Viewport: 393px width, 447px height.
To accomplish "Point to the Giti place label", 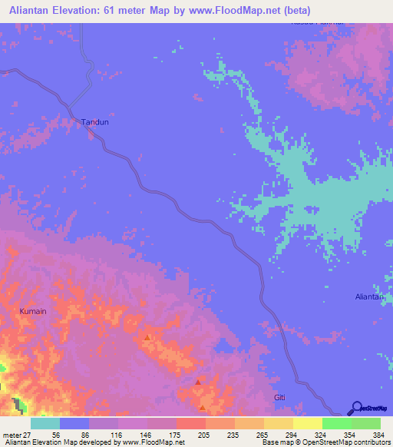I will point(280,397).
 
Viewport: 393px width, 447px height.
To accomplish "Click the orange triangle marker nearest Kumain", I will point(147,337).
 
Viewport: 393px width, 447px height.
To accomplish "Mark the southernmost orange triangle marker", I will point(202,408).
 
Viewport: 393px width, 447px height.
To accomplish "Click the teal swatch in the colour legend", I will point(45,423).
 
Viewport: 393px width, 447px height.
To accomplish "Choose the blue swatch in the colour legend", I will point(74,423).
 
